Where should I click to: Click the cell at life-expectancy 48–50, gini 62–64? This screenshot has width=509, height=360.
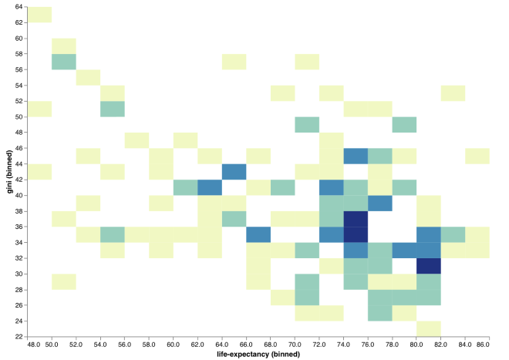[x=39, y=15]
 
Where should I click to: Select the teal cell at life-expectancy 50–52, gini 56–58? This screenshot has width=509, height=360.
[x=64, y=62]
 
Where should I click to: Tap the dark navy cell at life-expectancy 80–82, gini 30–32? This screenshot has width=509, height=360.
[x=429, y=266]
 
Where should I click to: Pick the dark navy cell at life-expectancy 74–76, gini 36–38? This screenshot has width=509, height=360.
[x=356, y=219]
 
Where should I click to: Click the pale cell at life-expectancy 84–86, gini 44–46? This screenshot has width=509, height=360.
[x=477, y=156]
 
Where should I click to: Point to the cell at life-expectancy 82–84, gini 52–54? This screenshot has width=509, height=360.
[x=453, y=93]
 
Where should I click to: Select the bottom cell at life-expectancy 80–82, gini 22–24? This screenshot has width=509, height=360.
[x=429, y=329]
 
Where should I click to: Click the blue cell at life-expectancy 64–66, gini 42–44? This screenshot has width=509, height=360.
[x=234, y=172]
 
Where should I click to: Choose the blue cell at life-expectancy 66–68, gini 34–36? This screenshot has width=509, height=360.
[x=258, y=234]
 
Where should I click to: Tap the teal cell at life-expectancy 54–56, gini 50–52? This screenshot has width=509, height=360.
[x=113, y=109]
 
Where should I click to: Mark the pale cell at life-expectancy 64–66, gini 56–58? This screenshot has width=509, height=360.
[x=234, y=62]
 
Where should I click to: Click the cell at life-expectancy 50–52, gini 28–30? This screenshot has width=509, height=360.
[x=64, y=282]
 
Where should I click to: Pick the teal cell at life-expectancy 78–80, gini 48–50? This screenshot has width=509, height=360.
[x=404, y=125]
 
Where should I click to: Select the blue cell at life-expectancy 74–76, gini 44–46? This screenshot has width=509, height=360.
[x=356, y=156]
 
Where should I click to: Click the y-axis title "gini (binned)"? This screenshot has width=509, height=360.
[x=10, y=172]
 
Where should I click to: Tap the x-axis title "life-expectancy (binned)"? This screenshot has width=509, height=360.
[x=258, y=354]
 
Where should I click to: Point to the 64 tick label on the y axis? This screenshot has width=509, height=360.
[x=19, y=7]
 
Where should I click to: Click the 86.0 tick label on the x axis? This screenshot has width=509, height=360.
[x=483, y=344]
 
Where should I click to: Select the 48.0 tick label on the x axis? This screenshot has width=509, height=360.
[x=34, y=344]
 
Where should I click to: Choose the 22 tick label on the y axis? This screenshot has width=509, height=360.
[x=19, y=337]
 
